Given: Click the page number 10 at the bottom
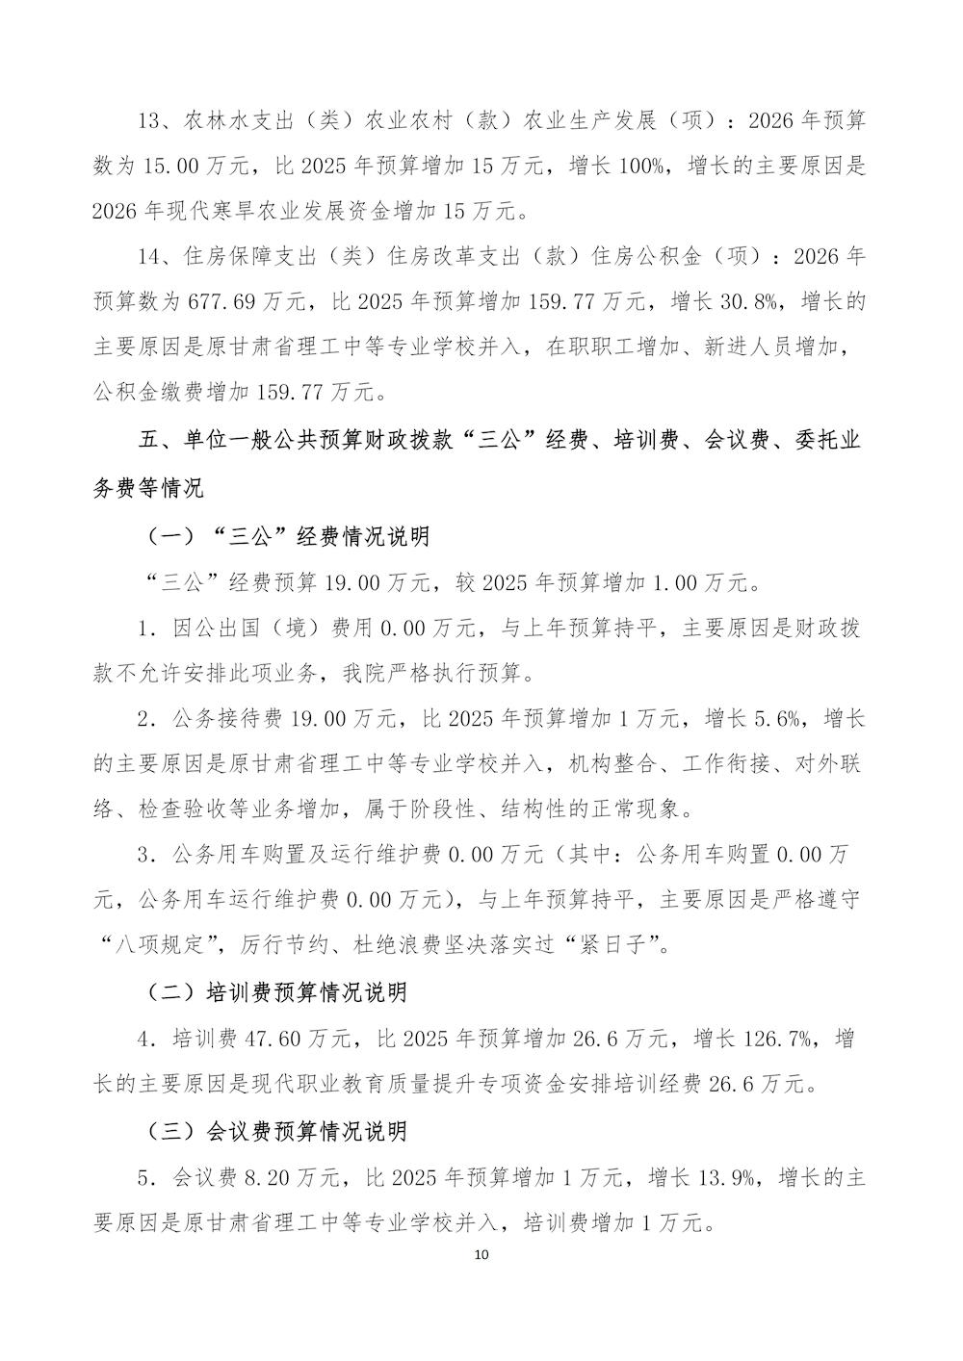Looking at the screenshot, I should pos(482,1255).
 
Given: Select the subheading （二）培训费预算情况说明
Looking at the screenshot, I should pos(276,992).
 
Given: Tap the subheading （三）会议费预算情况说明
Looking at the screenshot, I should pos(276,1130).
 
